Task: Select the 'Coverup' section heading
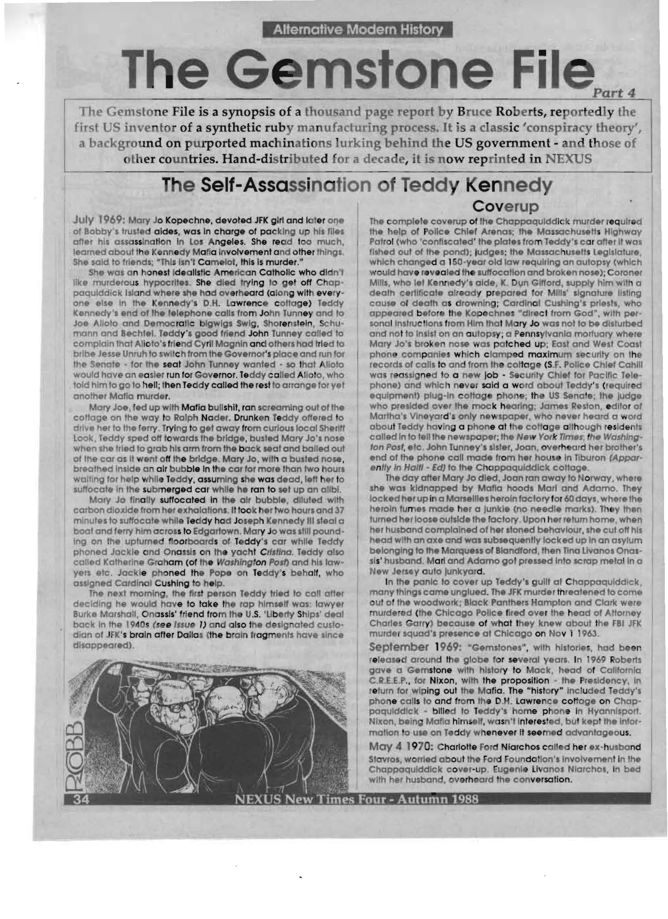coord(505,206)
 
